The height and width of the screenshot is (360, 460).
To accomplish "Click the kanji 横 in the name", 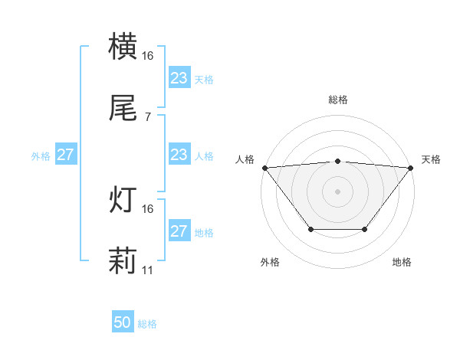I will pyautogui.click(x=123, y=47).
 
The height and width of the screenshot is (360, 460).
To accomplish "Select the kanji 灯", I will pyautogui.click(x=123, y=200).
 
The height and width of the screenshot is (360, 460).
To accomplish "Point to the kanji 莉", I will pyautogui.click(x=123, y=261).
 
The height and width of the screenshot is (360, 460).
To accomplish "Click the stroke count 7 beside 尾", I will pyautogui.click(x=148, y=117).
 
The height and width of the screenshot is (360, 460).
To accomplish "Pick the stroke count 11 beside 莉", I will pyautogui.click(x=148, y=270).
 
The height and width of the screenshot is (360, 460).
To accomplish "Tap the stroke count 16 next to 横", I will pyautogui.click(x=148, y=56).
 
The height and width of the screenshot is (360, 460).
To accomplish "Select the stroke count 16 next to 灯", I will pyautogui.click(x=148, y=208).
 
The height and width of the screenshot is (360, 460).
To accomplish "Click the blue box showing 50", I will pyautogui.click(x=123, y=323).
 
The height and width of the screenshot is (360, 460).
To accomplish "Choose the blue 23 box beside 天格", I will pyautogui.click(x=179, y=78).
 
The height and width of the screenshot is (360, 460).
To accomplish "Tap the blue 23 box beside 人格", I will pyautogui.click(x=179, y=155).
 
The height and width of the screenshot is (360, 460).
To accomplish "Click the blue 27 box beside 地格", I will pyautogui.click(x=179, y=231).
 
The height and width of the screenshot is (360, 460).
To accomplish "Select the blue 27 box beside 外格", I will pyautogui.click(x=65, y=155).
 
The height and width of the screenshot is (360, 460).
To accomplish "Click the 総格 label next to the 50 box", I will pyautogui.click(x=147, y=324).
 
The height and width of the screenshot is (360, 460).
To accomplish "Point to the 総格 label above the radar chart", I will pyautogui.click(x=337, y=100).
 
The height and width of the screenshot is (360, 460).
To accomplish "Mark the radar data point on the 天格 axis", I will pyautogui.click(x=411, y=167).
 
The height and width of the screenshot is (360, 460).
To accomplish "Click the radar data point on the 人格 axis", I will pyautogui.click(x=264, y=167).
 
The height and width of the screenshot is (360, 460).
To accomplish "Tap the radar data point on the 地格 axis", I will pyautogui.click(x=365, y=229).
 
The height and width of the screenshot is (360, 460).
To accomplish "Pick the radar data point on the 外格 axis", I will pyautogui.click(x=310, y=229).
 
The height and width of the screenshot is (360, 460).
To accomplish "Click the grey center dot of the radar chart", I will pyautogui.click(x=337, y=191).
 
